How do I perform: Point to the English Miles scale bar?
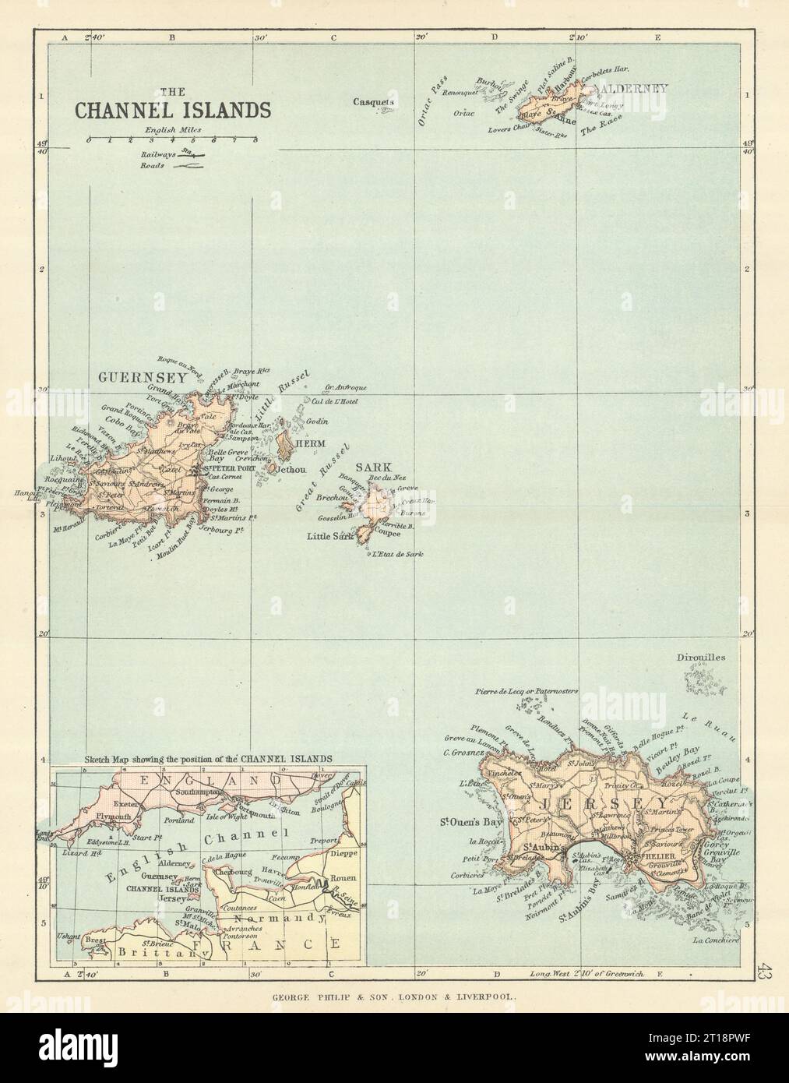pyautogui.click(x=173, y=140)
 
